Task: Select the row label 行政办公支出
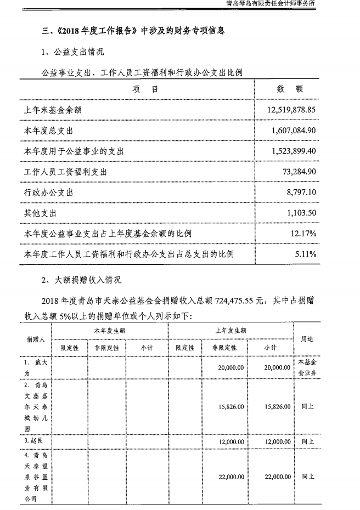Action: pyautogui.click(x=49, y=192)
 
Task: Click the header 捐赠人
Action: pyautogui.click(x=35, y=339)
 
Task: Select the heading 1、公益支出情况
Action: pyautogui.click(x=71, y=53)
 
